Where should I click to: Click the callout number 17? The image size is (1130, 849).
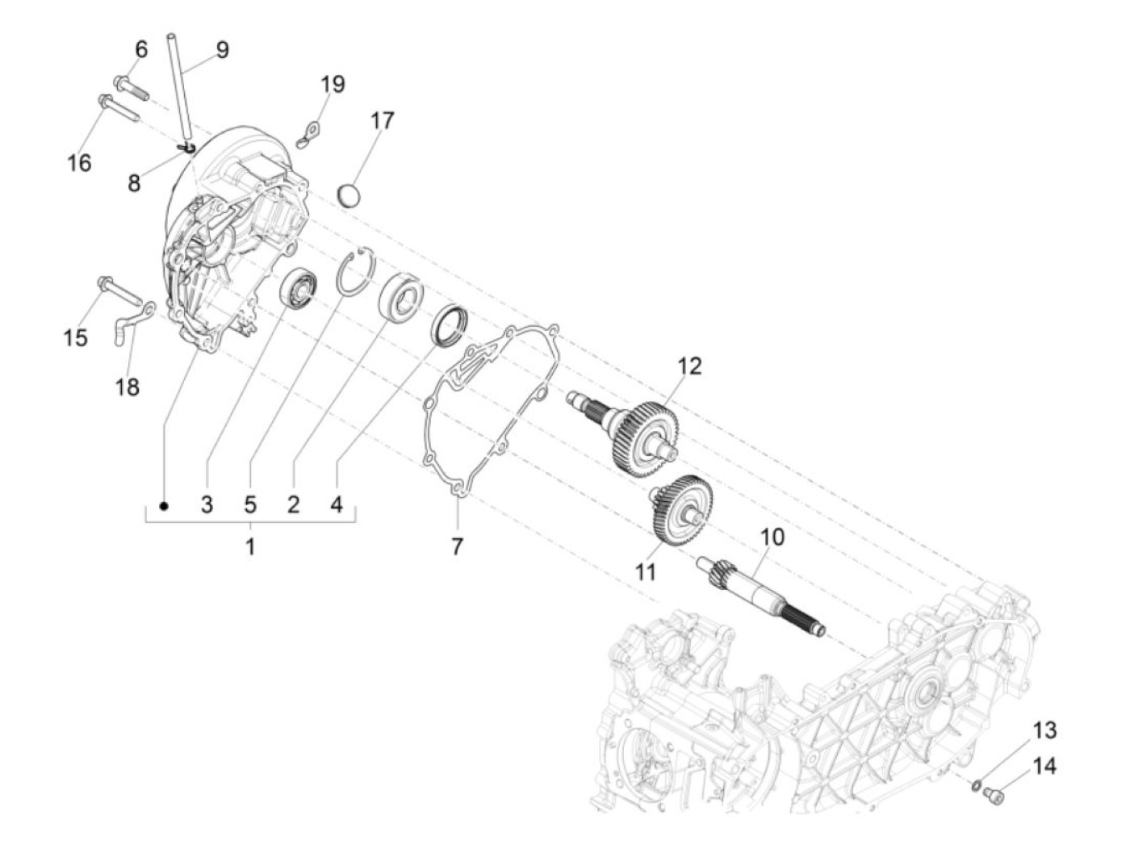383,120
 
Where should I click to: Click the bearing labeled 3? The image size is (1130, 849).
300,286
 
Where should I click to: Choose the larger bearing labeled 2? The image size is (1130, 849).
400,296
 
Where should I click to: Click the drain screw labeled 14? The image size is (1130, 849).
998,797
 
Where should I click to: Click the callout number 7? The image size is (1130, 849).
457,546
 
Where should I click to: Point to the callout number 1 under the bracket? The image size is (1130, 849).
250,546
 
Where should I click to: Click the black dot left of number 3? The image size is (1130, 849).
165,506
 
